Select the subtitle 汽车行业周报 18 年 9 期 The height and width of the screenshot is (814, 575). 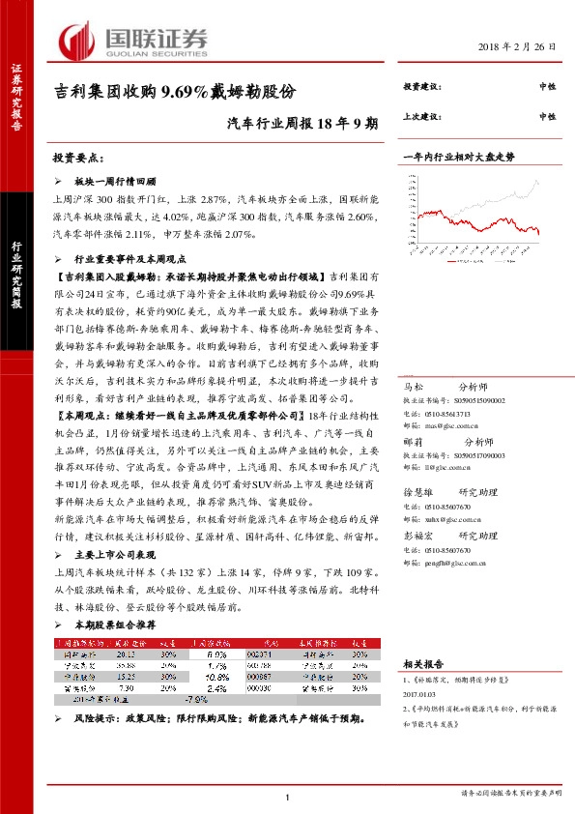[x=302, y=124]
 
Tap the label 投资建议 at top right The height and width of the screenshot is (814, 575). [x=421, y=87]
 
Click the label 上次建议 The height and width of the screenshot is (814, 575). [x=421, y=116]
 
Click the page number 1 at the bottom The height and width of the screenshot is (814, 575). [x=288, y=796]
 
